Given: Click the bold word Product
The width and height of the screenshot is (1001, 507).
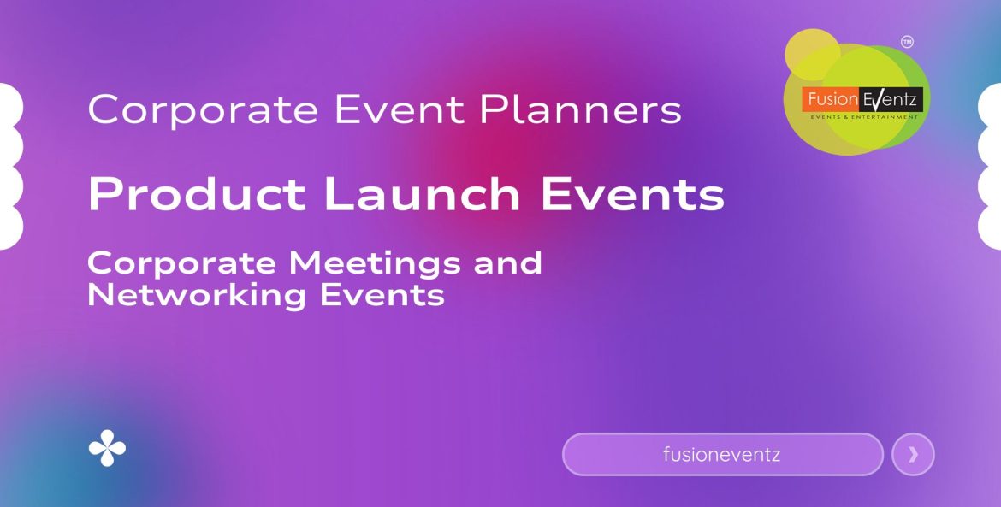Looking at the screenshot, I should pos(196,195).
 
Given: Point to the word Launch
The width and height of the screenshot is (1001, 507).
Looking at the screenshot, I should pos(421,195).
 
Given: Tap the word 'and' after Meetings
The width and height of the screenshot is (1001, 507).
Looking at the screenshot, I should pos(508,262).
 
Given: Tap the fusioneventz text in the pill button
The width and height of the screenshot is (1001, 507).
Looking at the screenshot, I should pos(721,455).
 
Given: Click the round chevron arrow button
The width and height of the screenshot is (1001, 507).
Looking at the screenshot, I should pos(913,455).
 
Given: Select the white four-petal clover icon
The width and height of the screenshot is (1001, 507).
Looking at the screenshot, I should pos(107,449).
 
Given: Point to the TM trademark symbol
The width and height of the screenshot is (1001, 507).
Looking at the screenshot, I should pos(908,41).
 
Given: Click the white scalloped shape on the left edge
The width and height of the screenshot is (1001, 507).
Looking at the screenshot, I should pos(10,167).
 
